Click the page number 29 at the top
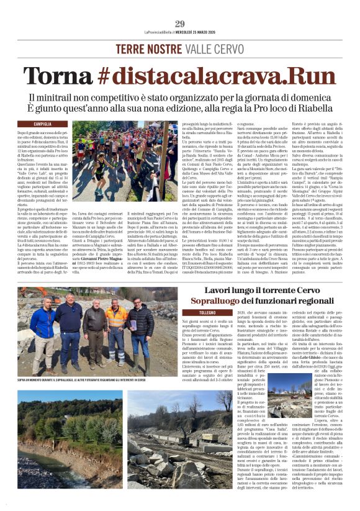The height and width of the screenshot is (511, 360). (x=180, y=24)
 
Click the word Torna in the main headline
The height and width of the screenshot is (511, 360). (x=58, y=75)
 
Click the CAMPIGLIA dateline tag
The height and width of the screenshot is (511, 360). (x=42, y=124)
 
